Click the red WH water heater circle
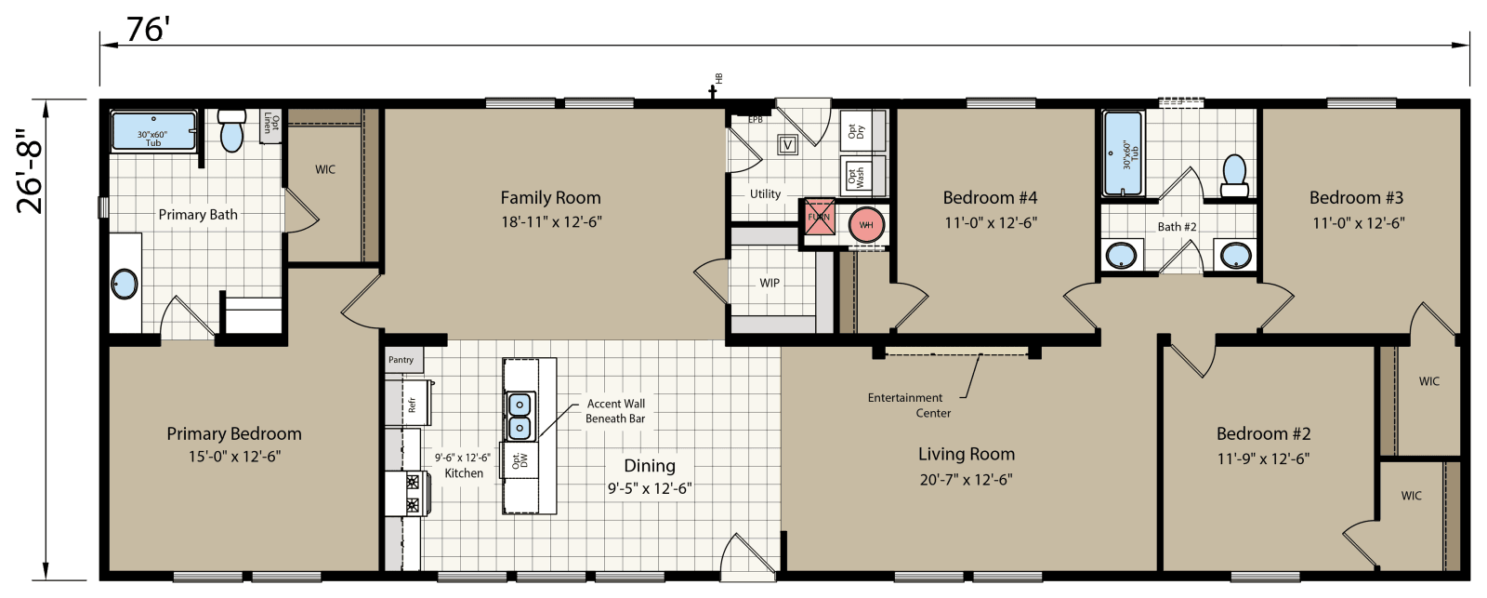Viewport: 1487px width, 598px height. tap(866, 225)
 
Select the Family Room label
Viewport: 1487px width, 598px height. tap(550, 197)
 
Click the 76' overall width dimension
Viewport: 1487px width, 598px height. tap(146, 30)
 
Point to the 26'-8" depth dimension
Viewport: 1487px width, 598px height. tap(30, 171)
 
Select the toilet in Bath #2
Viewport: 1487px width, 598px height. tap(1234, 176)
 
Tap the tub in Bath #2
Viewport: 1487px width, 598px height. tap(1123, 153)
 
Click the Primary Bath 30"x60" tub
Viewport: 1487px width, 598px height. tap(153, 131)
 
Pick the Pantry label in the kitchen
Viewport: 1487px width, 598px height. tap(401, 360)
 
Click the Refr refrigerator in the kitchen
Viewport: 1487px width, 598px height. tap(410, 403)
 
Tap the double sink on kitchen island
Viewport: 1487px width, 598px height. tap(519, 416)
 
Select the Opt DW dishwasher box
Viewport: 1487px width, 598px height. tap(520, 460)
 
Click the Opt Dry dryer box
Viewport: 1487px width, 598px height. tap(856, 131)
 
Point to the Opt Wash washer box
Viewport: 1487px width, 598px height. tap(856, 176)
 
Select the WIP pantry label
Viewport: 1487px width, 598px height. tap(770, 283)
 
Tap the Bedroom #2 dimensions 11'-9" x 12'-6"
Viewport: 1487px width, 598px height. tap(1263, 458)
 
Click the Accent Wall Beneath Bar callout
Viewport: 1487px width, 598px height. tap(615, 411)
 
